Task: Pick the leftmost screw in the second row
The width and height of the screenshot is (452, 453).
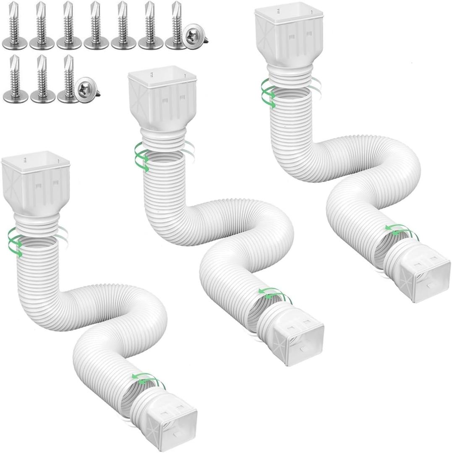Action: click(15, 80)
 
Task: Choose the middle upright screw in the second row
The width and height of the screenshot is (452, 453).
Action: click(42, 80)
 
